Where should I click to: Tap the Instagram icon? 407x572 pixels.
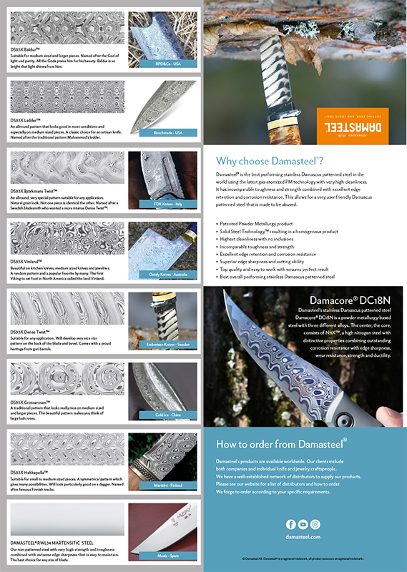(x=315, y=525)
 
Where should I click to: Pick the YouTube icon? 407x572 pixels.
(x=303, y=525)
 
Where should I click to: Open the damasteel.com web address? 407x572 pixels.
(x=303, y=536)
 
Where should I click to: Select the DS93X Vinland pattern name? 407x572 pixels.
(x=27, y=262)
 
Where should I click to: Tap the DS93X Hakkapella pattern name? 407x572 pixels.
(x=30, y=473)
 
